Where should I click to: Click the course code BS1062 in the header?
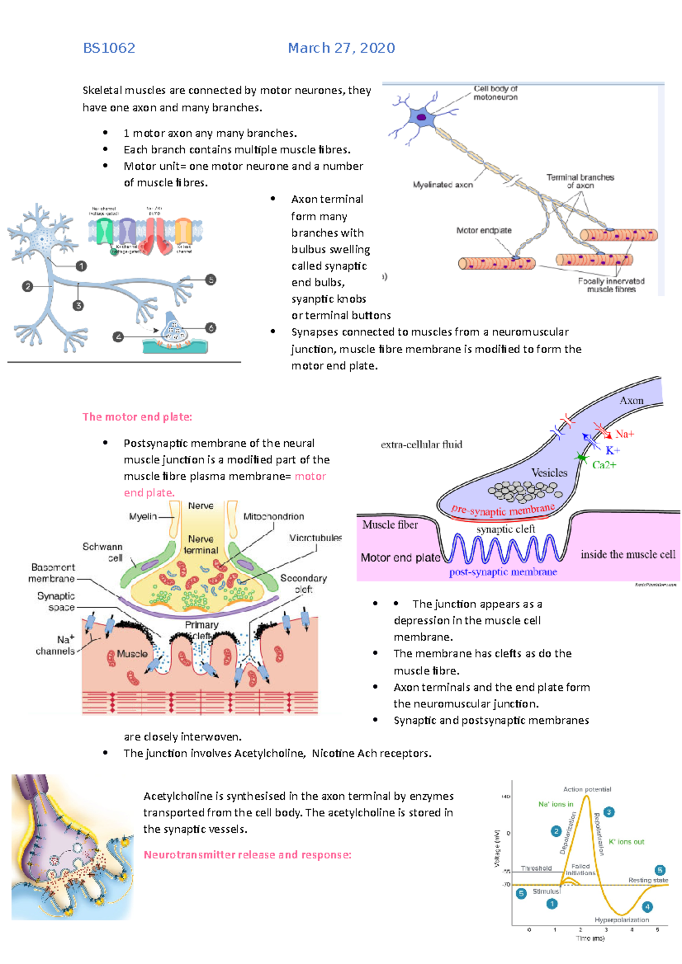[109, 48]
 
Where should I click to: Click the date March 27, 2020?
[341, 48]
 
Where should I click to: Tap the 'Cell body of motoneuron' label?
[496, 93]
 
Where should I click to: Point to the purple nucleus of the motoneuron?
[422, 118]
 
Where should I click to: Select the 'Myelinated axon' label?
[443, 185]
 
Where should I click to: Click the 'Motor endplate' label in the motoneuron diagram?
[484, 230]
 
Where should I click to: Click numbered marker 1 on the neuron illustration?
[81, 266]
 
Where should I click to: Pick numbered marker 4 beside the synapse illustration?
[118, 337]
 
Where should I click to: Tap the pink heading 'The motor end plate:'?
[137, 417]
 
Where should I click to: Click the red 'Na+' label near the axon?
[624, 434]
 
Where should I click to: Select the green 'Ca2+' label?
[604, 465]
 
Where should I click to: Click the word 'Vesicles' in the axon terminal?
[549, 472]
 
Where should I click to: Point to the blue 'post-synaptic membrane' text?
[503, 572]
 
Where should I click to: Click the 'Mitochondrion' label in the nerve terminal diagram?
[273, 517]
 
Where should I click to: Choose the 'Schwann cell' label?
[103, 552]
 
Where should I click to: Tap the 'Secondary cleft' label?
[303, 584]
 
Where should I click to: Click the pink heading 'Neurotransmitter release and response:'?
[247, 855]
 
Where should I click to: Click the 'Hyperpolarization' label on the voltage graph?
[622, 920]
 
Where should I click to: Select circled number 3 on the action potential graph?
[609, 812]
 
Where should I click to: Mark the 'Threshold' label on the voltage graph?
[536, 868]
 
